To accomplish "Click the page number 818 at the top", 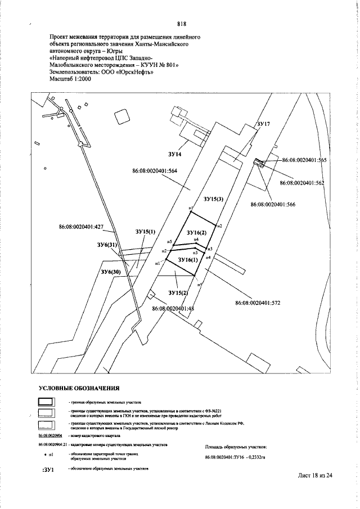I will tap(181, 24).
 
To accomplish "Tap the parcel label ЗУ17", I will tap(263, 123).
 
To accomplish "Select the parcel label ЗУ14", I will tap(175, 154).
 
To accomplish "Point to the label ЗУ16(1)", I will tap(188, 260).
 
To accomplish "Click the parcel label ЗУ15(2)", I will tap(178, 292).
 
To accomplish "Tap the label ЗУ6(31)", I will tap(106, 245).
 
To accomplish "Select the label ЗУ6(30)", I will tap(111, 272).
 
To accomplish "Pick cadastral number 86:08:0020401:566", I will tap(274, 204).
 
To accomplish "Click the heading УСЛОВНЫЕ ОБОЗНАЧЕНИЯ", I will tap(79, 388).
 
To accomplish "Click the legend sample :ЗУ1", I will tap(48, 469).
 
